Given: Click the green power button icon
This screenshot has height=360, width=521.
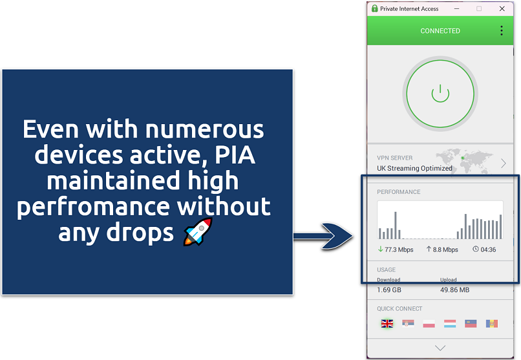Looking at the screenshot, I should pyautogui.click(x=440, y=93).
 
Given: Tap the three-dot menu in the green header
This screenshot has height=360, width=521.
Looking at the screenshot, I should pyautogui.click(x=502, y=31).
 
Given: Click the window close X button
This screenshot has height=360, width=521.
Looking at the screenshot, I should pyautogui.click(x=502, y=9).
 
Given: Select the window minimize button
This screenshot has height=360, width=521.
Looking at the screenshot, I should pyautogui.click(x=456, y=9).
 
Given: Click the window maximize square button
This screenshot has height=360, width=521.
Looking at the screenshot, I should pyautogui.click(x=479, y=9).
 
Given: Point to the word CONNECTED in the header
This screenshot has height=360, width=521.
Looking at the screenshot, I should pyautogui.click(x=440, y=31).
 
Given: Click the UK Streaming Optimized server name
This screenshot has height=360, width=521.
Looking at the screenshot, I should pyautogui.click(x=414, y=169).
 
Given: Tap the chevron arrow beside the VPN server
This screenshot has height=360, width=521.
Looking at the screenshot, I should pyautogui.click(x=503, y=163).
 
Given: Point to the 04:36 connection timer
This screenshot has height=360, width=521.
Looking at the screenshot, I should pyautogui.click(x=488, y=249).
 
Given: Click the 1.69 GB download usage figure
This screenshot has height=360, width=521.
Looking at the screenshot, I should pyautogui.click(x=390, y=290).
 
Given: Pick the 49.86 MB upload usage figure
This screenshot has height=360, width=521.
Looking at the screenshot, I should pyautogui.click(x=454, y=290).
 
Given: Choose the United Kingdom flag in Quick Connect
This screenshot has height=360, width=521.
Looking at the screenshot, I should pyautogui.click(x=387, y=323).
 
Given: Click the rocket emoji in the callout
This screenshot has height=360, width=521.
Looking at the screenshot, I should pyautogui.click(x=194, y=232).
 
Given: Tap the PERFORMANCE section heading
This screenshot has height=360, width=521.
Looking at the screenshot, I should pyautogui.click(x=399, y=192).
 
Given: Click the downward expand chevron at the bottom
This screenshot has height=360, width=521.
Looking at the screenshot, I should pyautogui.click(x=440, y=348).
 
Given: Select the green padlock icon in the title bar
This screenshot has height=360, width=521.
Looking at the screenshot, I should pyautogui.click(x=374, y=9).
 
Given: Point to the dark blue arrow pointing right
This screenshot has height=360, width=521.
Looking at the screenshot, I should pyautogui.click(x=323, y=236).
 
